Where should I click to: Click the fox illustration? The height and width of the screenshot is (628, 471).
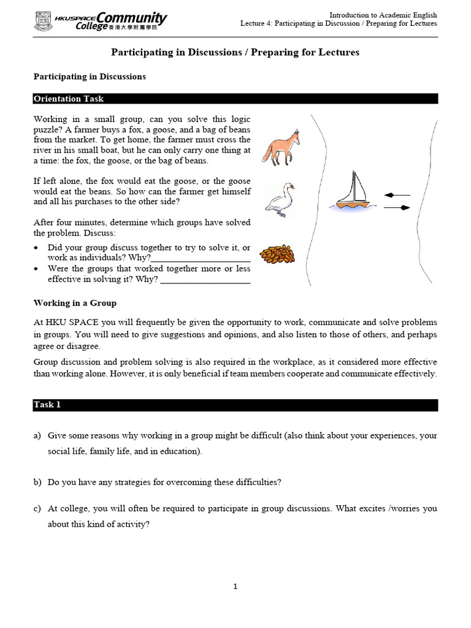click(x=281, y=148)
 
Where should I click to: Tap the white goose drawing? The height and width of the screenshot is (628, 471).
click(x=279, y=199)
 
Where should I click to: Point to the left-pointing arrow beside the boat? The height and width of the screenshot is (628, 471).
click(x=396, y=195)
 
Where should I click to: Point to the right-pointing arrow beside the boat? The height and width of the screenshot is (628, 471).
click(x=397, y=208)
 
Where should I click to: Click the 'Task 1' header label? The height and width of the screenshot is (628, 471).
click(x=47, y=405)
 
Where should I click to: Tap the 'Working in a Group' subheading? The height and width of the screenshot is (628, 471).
click(x=75, y=303)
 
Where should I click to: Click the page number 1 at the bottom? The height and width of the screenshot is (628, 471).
click(x=235, y=586)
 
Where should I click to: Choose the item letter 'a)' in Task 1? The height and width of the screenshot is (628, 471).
click(x=37, y=435)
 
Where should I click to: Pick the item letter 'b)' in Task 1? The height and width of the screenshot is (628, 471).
click(x=37, y=482)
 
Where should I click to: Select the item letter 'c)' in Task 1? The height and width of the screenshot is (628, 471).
click(x=37, y=508)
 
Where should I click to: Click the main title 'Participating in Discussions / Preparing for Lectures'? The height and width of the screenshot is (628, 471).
click(x=235, y=53)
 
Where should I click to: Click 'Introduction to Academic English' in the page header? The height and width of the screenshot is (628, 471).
click(x=383, y=15)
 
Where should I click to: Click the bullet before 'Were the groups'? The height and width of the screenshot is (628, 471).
click(x=37, y=269)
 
